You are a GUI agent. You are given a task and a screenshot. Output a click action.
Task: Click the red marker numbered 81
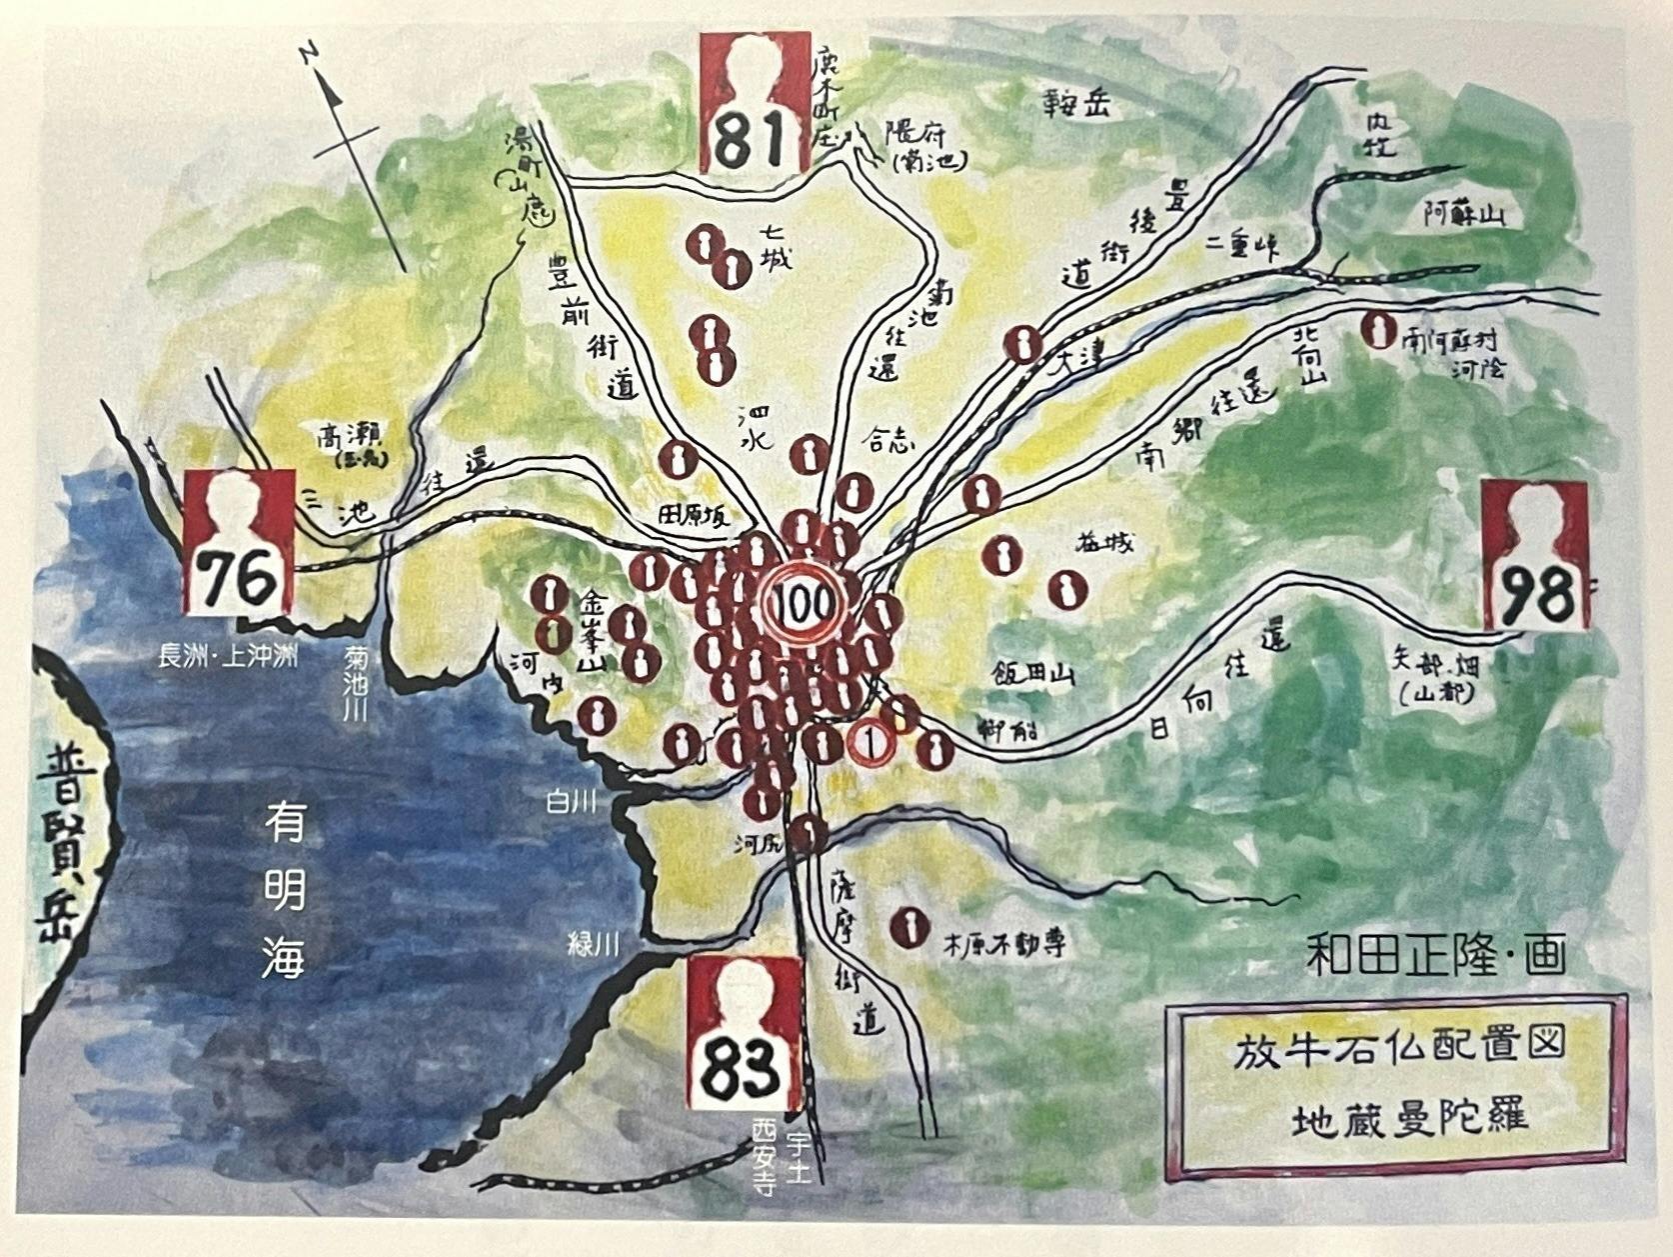tap(755, 103)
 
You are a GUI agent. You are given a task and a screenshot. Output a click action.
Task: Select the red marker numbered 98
tap(1535, 556)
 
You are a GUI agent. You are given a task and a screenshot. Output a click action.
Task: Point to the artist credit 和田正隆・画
tap(1436, 955)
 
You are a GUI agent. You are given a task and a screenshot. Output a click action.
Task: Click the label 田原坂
tap(694, 517)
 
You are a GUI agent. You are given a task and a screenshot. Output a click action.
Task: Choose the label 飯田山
tap(1033, 674)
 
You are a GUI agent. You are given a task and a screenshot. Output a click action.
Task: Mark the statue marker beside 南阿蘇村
tap(1381, 330)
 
